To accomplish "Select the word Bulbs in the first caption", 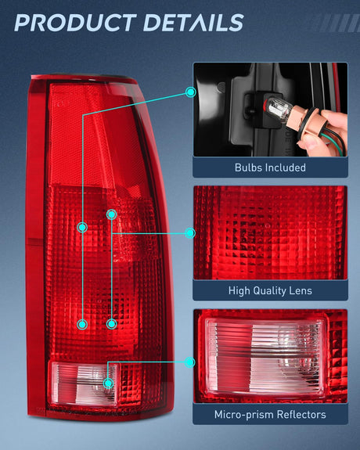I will click(x=249, y=167).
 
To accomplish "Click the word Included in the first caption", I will click(x=286, y=167).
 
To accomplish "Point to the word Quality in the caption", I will click(x=272, y=291).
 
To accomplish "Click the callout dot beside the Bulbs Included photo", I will click(x=190, y=92).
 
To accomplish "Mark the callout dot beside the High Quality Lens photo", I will click(x=190, y=232).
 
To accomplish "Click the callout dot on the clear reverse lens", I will click(x=108, y=383).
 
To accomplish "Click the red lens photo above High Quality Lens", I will click(x=269, y=232).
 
